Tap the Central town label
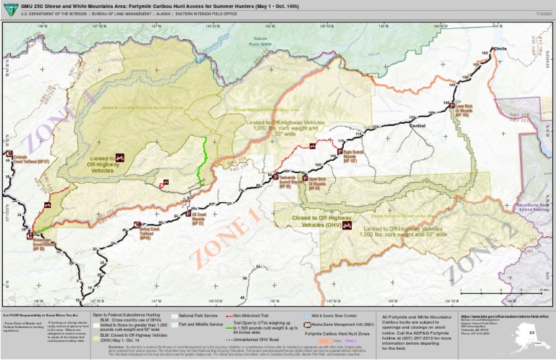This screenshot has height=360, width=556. pos(418,126)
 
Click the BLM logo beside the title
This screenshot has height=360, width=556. pos(9,7)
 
